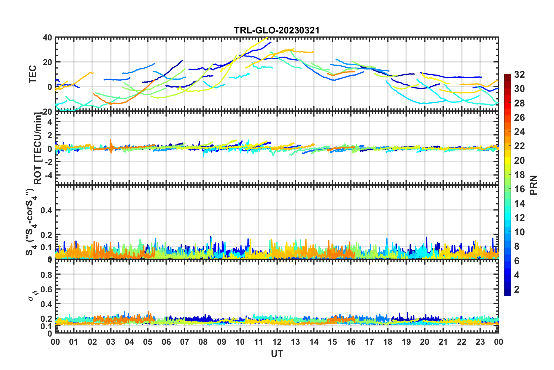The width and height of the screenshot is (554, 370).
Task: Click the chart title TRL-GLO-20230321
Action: [277, 30]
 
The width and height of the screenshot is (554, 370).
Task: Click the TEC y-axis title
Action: [33, 74]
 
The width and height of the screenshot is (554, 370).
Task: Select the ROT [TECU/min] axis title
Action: [38, 148]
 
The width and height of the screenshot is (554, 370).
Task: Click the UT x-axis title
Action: [277, 354]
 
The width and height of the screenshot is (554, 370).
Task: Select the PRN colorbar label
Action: [534, 185]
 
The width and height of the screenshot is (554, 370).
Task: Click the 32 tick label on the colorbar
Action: [519, 74]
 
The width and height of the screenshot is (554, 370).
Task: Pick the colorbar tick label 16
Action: [519, 189]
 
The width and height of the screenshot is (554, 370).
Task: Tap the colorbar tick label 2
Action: [517, 289]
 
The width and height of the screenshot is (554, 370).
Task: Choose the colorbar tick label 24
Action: [519, 132]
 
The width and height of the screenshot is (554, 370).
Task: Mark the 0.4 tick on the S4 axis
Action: [46, 210]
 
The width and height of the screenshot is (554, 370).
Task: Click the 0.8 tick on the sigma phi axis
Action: [46, 275]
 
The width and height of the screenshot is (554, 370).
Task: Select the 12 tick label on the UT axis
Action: [277, 342]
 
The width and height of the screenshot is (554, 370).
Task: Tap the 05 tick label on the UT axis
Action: [148, 342]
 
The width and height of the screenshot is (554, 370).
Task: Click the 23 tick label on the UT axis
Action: [480, 342]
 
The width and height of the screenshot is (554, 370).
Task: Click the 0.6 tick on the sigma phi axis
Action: [46, 289]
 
